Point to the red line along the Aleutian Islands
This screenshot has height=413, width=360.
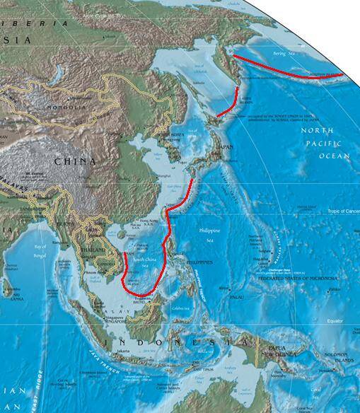(x=290, y=71)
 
